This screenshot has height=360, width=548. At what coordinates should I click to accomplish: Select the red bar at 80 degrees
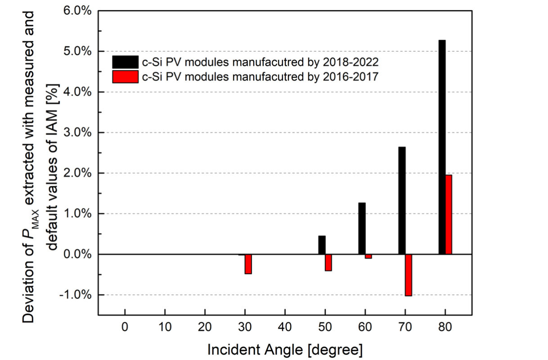click(x=449, y=215)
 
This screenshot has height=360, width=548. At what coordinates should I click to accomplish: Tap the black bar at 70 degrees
click(x=402, y=200)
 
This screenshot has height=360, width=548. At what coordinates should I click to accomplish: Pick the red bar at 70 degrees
click(x=409, y=275)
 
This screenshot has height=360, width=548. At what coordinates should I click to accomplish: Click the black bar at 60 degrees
click(x=362, y=229)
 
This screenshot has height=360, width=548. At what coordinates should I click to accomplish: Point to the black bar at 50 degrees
click(x=322, y=245)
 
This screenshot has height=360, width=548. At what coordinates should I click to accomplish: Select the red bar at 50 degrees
click(x=328, y=262)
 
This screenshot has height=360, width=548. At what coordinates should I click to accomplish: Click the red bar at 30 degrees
click(x=248, y=264)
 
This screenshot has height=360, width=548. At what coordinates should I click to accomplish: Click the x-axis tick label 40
click(x=285, y=327)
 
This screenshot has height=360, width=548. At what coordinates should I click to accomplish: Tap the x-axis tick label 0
click(x=125, y=327)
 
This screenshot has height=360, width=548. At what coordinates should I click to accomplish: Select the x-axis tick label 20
click(x=205, y=327)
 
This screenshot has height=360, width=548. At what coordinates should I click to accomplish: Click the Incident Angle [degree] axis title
click(x=285, y=349)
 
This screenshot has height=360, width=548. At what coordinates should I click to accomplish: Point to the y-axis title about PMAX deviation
click(x=40, y=166)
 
